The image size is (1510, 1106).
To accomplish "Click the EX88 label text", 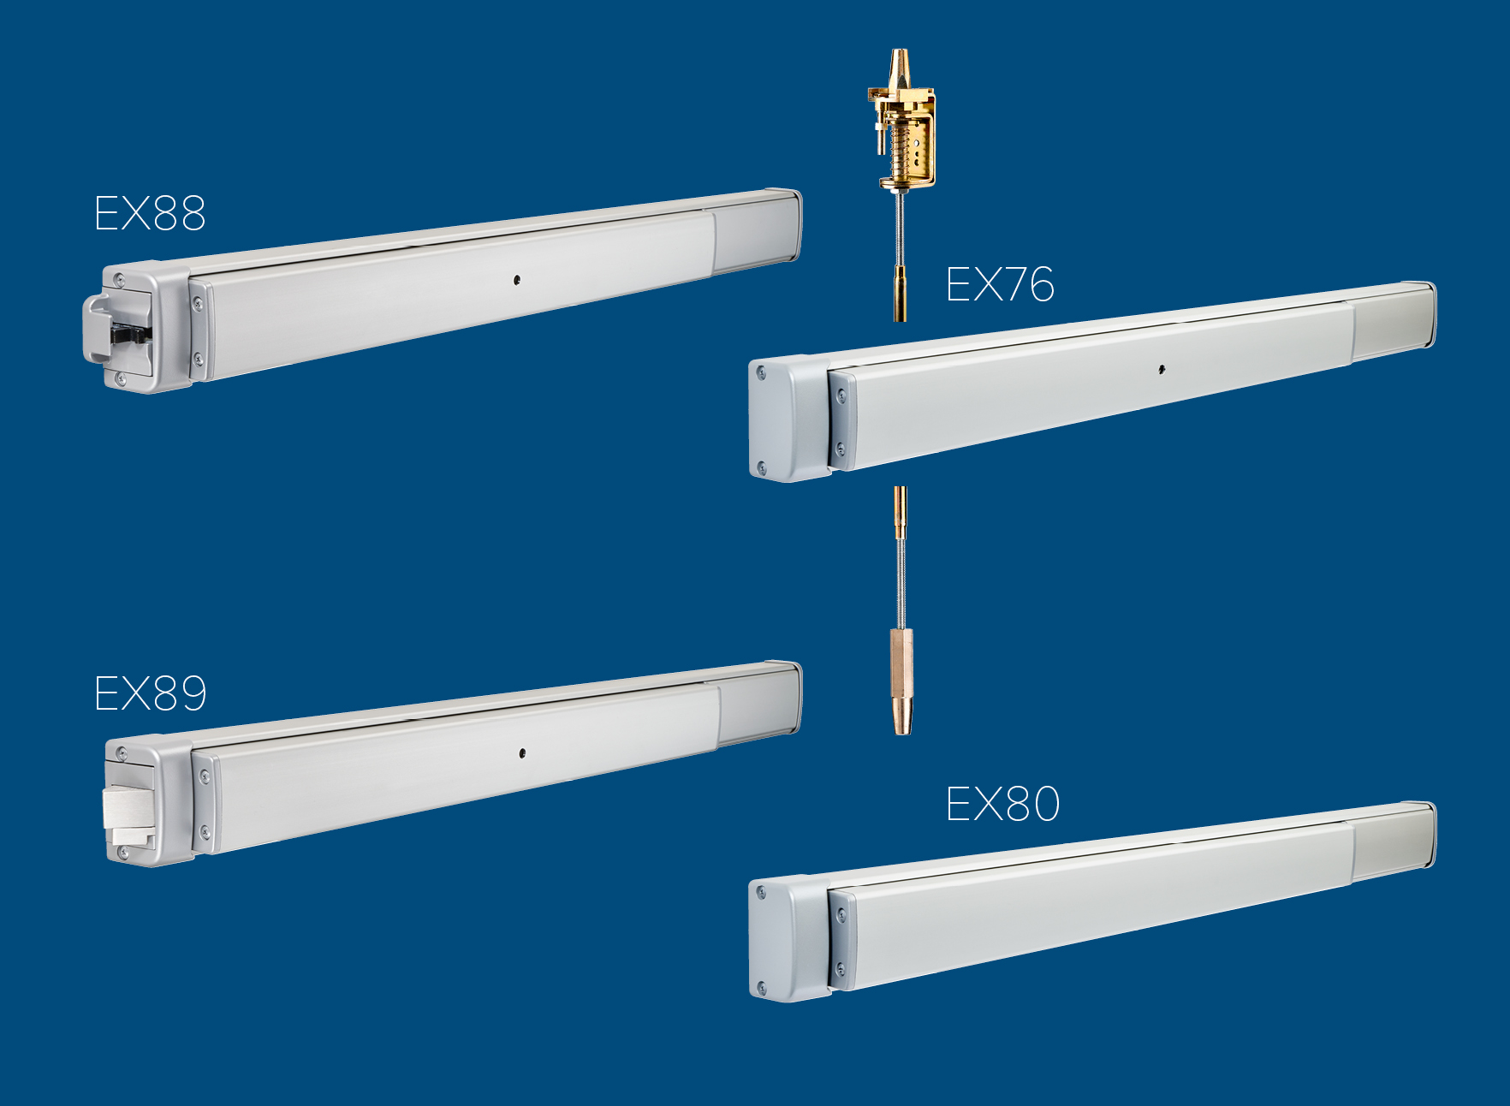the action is coord(150,213).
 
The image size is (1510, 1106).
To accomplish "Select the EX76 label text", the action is coord(1000,284).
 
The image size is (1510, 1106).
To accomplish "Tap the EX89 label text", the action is coord(151,693).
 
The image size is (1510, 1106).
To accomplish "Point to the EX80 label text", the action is coord(1002,804).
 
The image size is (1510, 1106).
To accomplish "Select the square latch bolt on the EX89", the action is coord(128,808).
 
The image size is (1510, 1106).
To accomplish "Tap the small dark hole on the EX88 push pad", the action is coord(517,279).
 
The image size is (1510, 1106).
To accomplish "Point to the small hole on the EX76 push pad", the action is coord(1162,370).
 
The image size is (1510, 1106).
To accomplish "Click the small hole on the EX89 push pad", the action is coord(522,753).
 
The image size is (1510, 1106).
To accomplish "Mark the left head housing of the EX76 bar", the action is coord(788,419).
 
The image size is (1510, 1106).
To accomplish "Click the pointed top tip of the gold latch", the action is coord(898,51).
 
